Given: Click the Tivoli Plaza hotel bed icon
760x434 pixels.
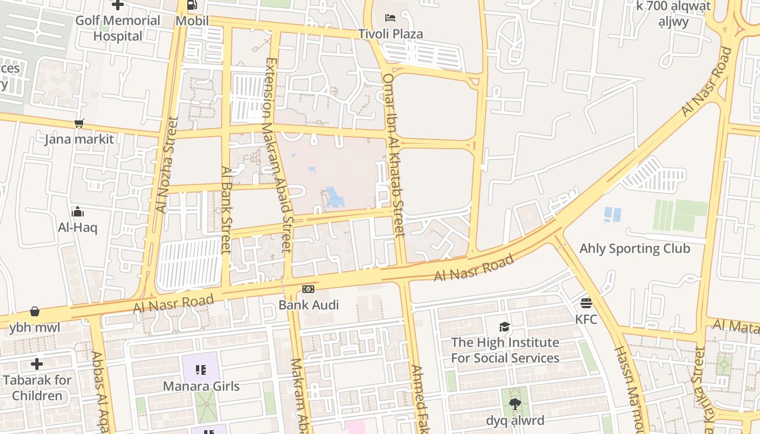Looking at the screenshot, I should click(390, 18).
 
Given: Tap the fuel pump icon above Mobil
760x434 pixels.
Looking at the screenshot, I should click(192, 5).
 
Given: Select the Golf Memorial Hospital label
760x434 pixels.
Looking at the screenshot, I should click(117, 28).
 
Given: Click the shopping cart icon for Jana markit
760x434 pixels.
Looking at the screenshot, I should click(79, 123).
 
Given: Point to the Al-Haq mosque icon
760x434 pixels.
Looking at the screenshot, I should click(78, 211).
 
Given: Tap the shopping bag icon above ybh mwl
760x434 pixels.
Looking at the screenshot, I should click(35, 311).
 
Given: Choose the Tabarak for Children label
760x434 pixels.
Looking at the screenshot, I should click(37, 387).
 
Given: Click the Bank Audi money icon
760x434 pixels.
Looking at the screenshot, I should click(308, 289).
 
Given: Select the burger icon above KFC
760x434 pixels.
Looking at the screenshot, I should click(586, 303).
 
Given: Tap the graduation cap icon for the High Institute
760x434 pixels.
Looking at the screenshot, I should click(505, 327).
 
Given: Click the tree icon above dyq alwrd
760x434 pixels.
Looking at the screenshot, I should click(515, 404).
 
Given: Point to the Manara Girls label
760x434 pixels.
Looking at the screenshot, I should click(201, 386).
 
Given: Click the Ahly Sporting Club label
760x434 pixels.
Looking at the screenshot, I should click(635, 248).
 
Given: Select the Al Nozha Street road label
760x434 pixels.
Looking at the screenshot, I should click(167, 165).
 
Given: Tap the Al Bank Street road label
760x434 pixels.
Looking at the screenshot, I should click(226, 209).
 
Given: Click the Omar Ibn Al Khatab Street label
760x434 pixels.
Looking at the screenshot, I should click(394, 155).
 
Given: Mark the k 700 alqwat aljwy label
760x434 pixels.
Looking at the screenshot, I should click(673, 14).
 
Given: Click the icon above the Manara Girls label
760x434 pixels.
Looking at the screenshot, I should click(201, 370).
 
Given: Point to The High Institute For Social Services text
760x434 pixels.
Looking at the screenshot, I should click(505, 350).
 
